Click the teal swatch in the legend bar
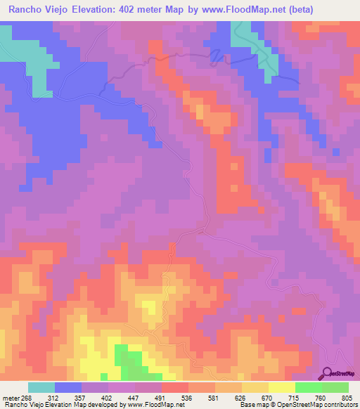[41, 387]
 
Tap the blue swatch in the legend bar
[68, 387]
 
